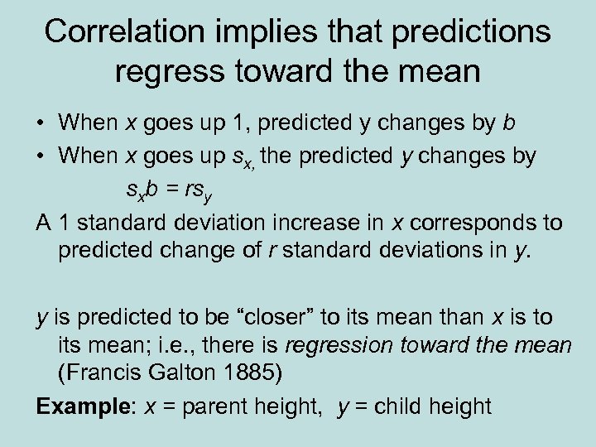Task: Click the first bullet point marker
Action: (40, 124)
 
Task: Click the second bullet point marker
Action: (40, 156)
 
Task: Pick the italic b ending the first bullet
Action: (507, 123)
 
